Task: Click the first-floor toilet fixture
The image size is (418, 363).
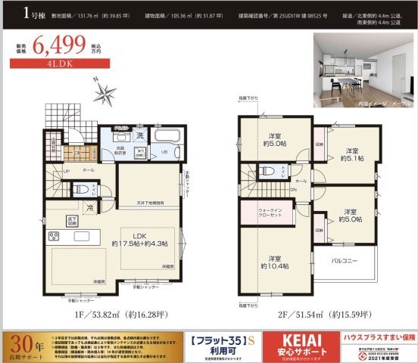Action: pyautogui.click(x=86, y=191)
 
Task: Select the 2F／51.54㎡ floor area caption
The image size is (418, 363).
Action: pyautogui.click(x=304, y=315)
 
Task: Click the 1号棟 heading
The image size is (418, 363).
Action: pyautogui.click(x=17, y=13)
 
